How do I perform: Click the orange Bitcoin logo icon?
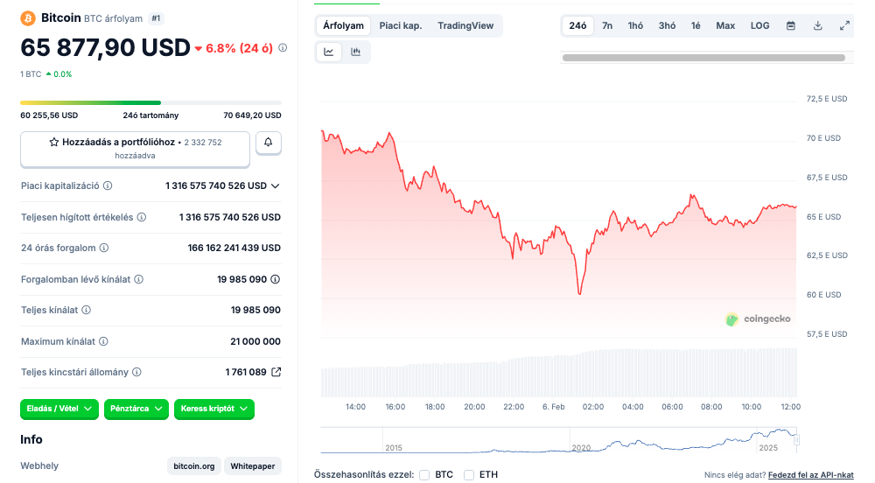point(27,17)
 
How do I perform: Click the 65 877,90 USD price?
point(105,47)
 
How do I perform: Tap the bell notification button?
point(269,143)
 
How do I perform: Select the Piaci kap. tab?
point(400,25)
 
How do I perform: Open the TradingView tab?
point(465,25)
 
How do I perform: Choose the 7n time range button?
point(607,25)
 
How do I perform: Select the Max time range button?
point(725,25)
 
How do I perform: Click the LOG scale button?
point(760,25)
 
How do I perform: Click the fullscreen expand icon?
point(844,25)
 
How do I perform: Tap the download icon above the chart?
point(818,25)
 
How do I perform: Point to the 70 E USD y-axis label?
point(822,138)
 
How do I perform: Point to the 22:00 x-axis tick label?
point(514,407)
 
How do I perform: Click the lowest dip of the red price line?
point(579,293)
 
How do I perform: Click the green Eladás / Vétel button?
point(59,409)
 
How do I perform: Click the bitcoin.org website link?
point(194,466)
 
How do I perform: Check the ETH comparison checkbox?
point(469,474)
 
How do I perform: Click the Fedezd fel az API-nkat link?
point(810,474)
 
